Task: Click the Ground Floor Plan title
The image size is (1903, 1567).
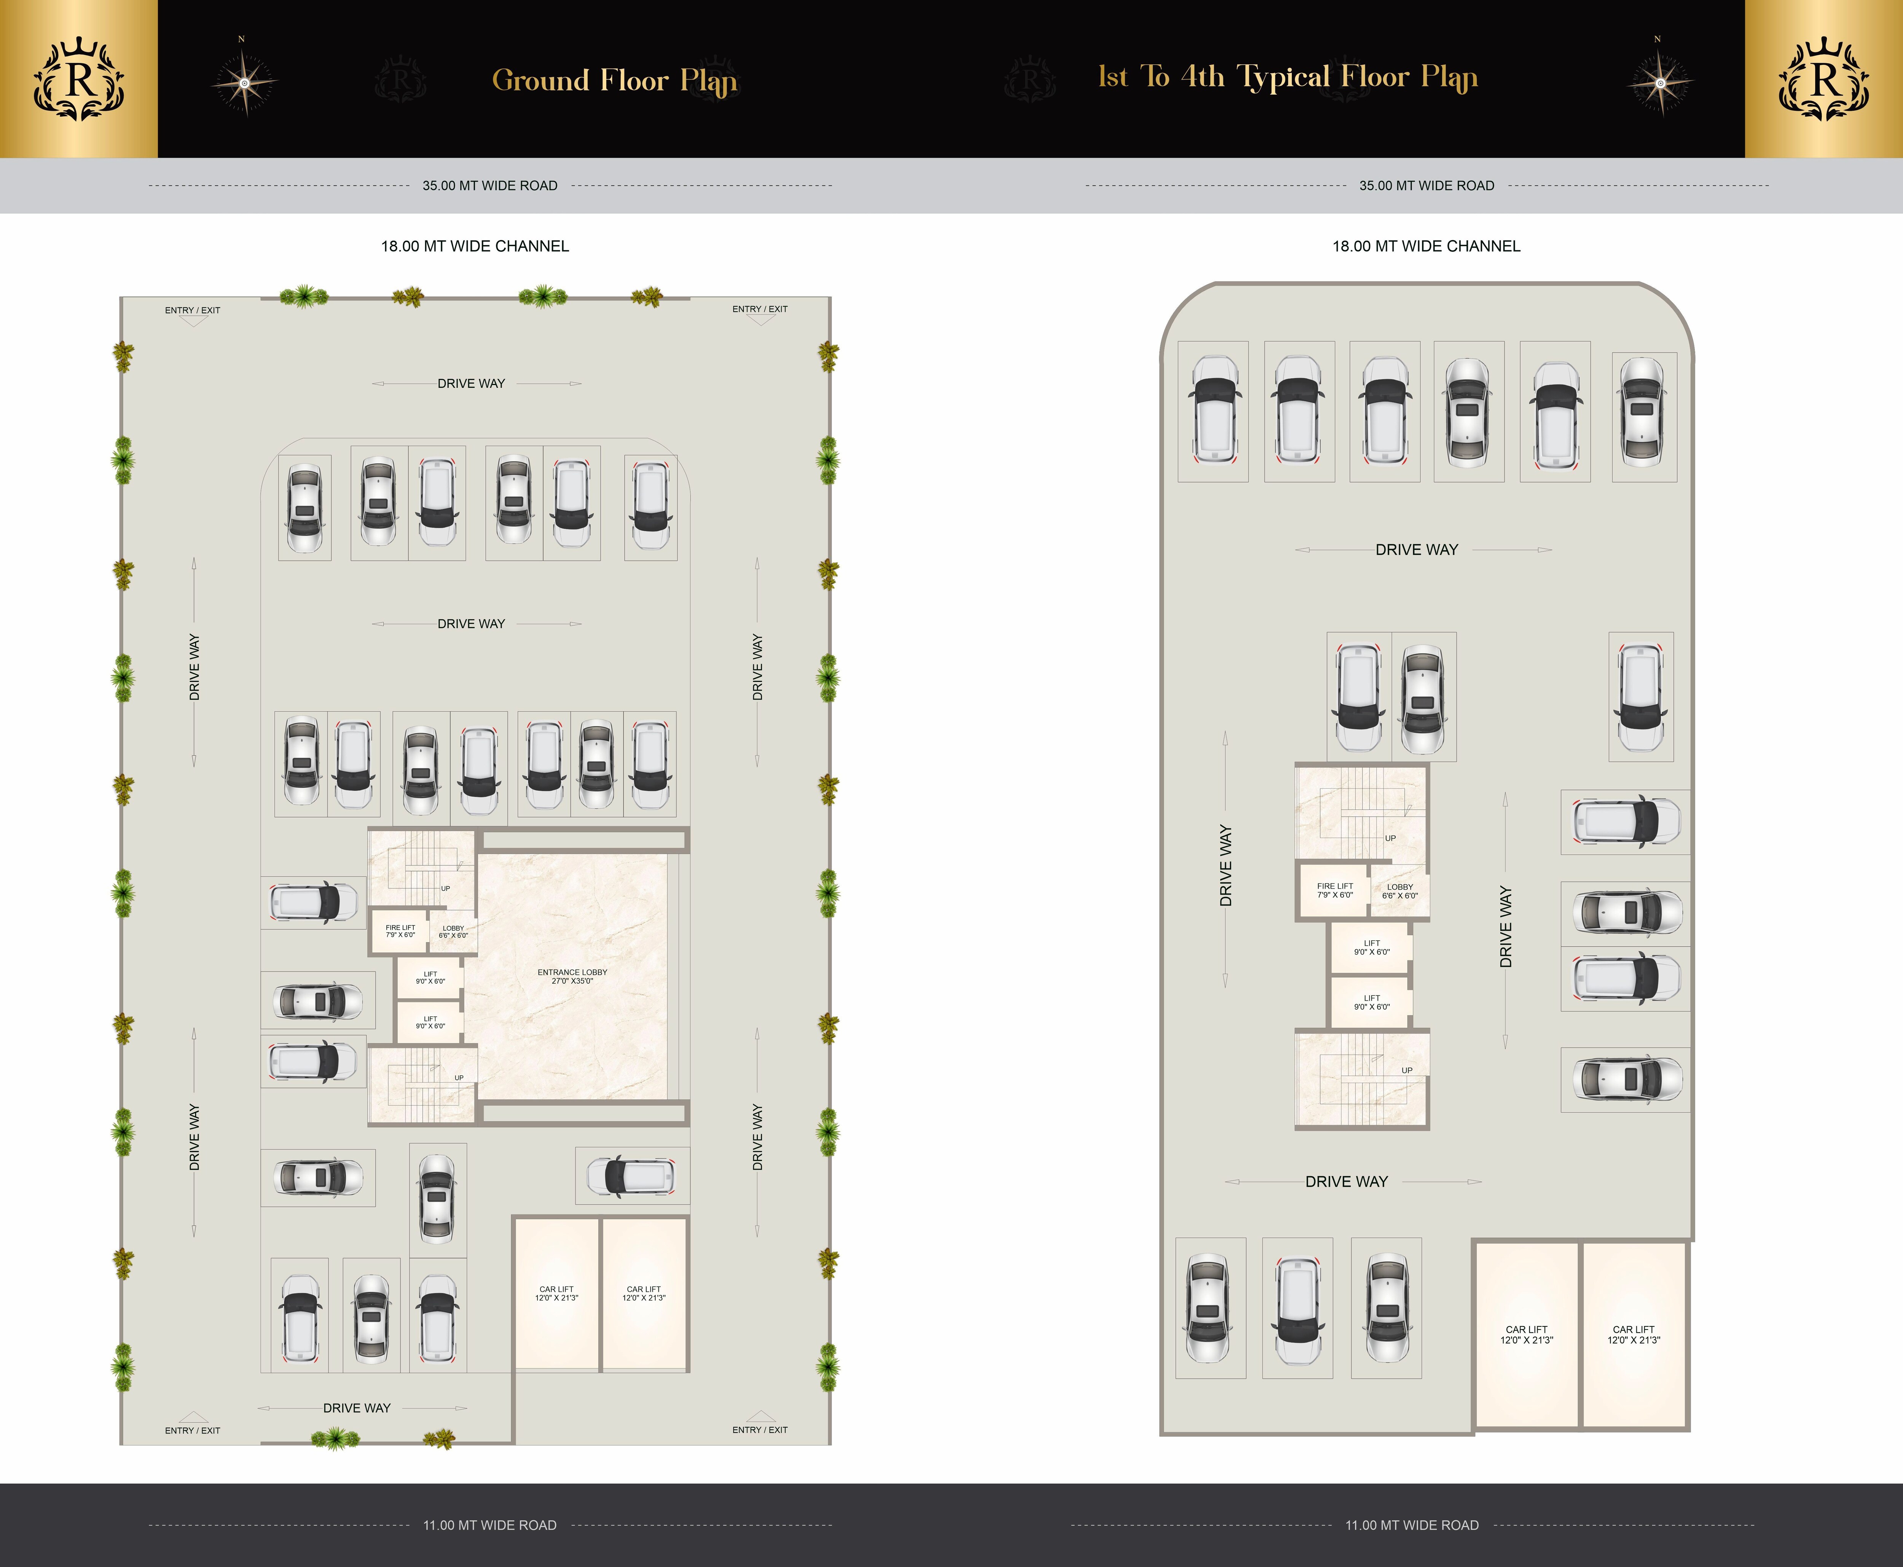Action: click(x=614, y=80)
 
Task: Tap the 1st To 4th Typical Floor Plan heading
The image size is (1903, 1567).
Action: click(x=1287, y=78)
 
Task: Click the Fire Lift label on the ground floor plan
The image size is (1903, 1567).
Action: click(x=400, y=931)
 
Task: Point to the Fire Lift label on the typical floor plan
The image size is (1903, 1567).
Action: click(x=1334, y=890)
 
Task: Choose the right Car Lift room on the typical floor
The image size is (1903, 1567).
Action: click(x=1633, y=1334)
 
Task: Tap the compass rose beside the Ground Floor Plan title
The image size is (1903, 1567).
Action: click(x=244, y=82)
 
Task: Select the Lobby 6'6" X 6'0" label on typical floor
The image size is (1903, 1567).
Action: click(x=1399, y=891)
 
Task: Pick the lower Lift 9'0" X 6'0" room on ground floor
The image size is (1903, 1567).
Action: click(x=430, y=1023)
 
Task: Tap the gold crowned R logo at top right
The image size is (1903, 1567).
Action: click(x=1823, y=80)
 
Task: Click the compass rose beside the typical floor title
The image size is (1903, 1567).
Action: click(x=1659, y=82)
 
